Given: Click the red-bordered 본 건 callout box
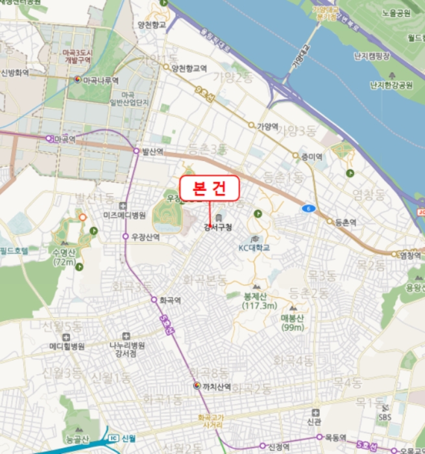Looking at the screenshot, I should click(210, 188).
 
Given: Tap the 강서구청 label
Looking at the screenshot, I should click(217, 227).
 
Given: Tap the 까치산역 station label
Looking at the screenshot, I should click(216, 386).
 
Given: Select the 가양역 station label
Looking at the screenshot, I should click(267, 126).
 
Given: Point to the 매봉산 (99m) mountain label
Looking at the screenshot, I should click(293, 322).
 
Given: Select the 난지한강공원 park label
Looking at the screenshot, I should click(391, 85).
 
